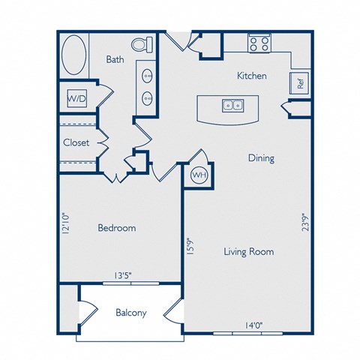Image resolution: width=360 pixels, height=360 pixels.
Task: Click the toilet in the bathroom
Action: (142, 45)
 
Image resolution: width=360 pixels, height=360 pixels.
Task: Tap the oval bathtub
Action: (73, 55)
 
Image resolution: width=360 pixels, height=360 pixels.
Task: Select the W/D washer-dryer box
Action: (77, 98)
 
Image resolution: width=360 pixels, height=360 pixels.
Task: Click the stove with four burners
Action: (259, 43)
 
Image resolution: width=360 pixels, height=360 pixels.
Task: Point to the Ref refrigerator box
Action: (299, 83)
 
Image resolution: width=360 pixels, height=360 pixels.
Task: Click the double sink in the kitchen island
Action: (232, 105)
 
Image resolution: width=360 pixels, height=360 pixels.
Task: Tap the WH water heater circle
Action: (199, 175)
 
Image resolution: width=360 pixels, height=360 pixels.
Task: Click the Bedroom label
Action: (117, 228)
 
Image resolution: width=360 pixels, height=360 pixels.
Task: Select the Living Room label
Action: (249, 251)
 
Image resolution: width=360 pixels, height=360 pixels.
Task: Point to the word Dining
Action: (261, 158)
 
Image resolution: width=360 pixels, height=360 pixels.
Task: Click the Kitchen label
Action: (252, 76)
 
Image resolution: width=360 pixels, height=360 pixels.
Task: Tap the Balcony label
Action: (131, 313)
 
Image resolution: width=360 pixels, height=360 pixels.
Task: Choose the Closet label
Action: (76, 142)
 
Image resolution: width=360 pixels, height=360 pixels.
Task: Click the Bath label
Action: (115, 59)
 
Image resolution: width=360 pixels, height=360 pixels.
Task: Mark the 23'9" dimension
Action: (306, 222)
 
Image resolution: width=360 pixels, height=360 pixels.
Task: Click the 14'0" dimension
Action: (254, 325)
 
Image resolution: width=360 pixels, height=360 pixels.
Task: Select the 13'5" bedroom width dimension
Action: (123, 275)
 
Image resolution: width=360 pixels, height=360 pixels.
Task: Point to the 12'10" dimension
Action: (65, 223)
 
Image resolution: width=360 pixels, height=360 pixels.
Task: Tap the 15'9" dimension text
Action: (190, 246)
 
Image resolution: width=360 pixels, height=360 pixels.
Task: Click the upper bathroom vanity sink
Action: (147, 75)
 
